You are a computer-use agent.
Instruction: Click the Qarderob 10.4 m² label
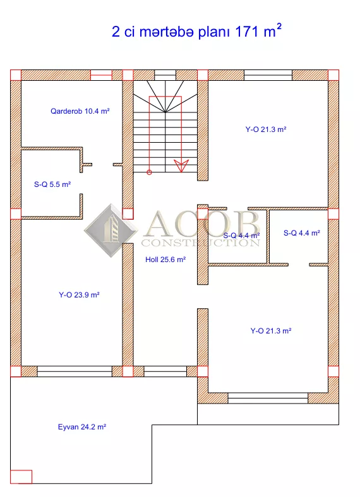[x=80, y=111]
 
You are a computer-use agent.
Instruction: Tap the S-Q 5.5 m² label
[x=52, y=184]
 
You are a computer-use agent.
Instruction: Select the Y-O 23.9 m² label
[x=79, y=295]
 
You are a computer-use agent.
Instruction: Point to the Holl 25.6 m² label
[x=165, y=260]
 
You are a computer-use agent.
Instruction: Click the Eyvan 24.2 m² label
[x=81, y=427]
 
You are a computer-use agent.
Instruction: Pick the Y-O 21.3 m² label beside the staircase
[x=266, y=129]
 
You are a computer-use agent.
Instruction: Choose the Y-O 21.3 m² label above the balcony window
[x=271, y=331]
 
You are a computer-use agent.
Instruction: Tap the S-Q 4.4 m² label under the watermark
[x=241, y=236]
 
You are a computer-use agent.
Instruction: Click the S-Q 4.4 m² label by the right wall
[x=302, y=233]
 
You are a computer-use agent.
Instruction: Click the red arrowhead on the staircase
[x=181, y=166]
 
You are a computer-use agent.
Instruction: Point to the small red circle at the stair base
[x=149, y=172]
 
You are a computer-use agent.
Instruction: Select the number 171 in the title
[x=246, y=32]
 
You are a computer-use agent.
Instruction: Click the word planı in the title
[x=215, y=32]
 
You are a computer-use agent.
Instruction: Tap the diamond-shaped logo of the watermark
[x=111, y=231]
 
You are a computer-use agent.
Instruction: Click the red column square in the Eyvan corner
[x=21, y=477]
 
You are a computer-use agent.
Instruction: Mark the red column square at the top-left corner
[x=16, y=75]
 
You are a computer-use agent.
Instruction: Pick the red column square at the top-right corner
[x=333, y=75]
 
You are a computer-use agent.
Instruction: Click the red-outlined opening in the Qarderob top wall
[x=102, y=75]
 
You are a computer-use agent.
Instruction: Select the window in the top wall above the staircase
[x=165, y=75]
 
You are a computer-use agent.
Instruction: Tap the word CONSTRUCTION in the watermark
[x=201, y=243]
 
